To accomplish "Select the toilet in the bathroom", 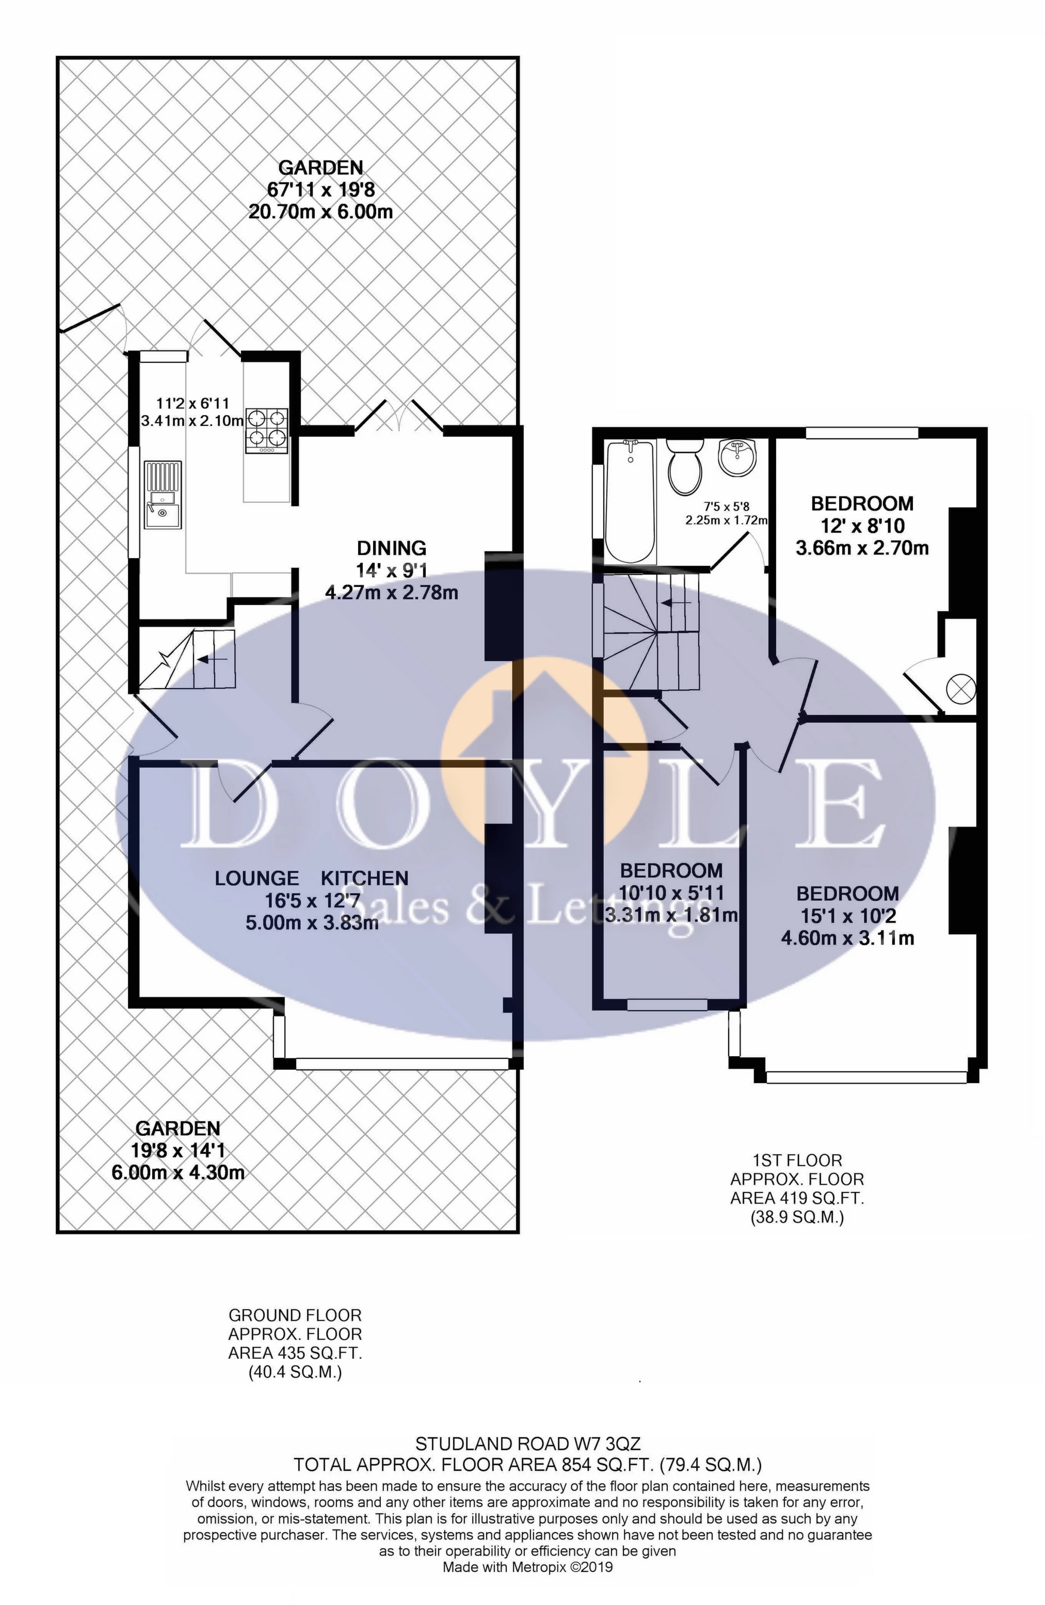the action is (685, 465).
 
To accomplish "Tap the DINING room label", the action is (391, 548).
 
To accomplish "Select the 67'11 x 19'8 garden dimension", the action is (321, 189).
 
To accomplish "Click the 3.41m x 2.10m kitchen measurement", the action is (191, 421).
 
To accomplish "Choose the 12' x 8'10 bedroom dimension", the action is (862, 526).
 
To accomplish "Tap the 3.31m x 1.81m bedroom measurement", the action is (671, 915).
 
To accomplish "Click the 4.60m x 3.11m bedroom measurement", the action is (847, 938).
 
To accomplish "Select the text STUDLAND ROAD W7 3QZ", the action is (527, 1444).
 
